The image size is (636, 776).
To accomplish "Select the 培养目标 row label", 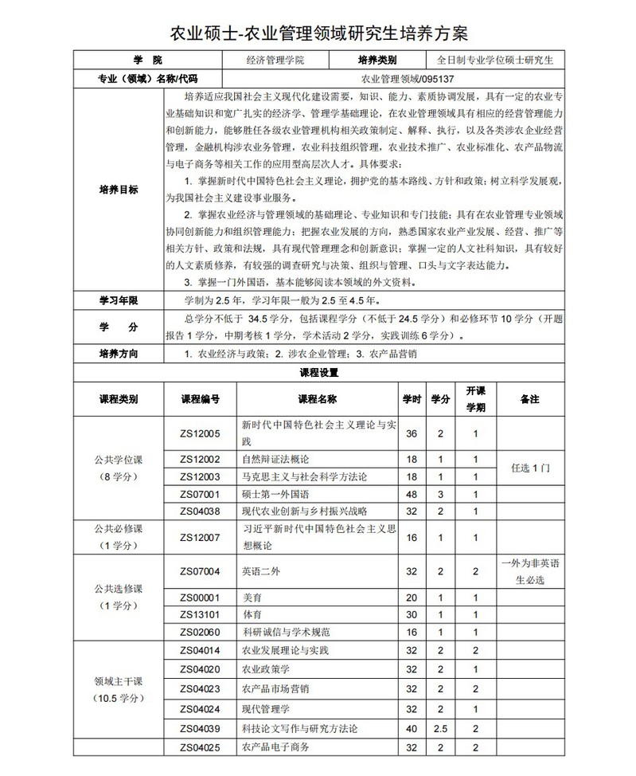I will (118, 190).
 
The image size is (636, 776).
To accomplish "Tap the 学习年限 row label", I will (118, 300).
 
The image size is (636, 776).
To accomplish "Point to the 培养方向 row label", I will (118, 353).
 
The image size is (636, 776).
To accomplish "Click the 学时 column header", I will (411, 398).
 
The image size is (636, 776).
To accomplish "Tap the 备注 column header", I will (529, 398).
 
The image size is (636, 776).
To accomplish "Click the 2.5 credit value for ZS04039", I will (440, 729).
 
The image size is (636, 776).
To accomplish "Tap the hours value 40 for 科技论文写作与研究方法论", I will (411, 729).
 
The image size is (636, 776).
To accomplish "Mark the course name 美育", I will (252, 597).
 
